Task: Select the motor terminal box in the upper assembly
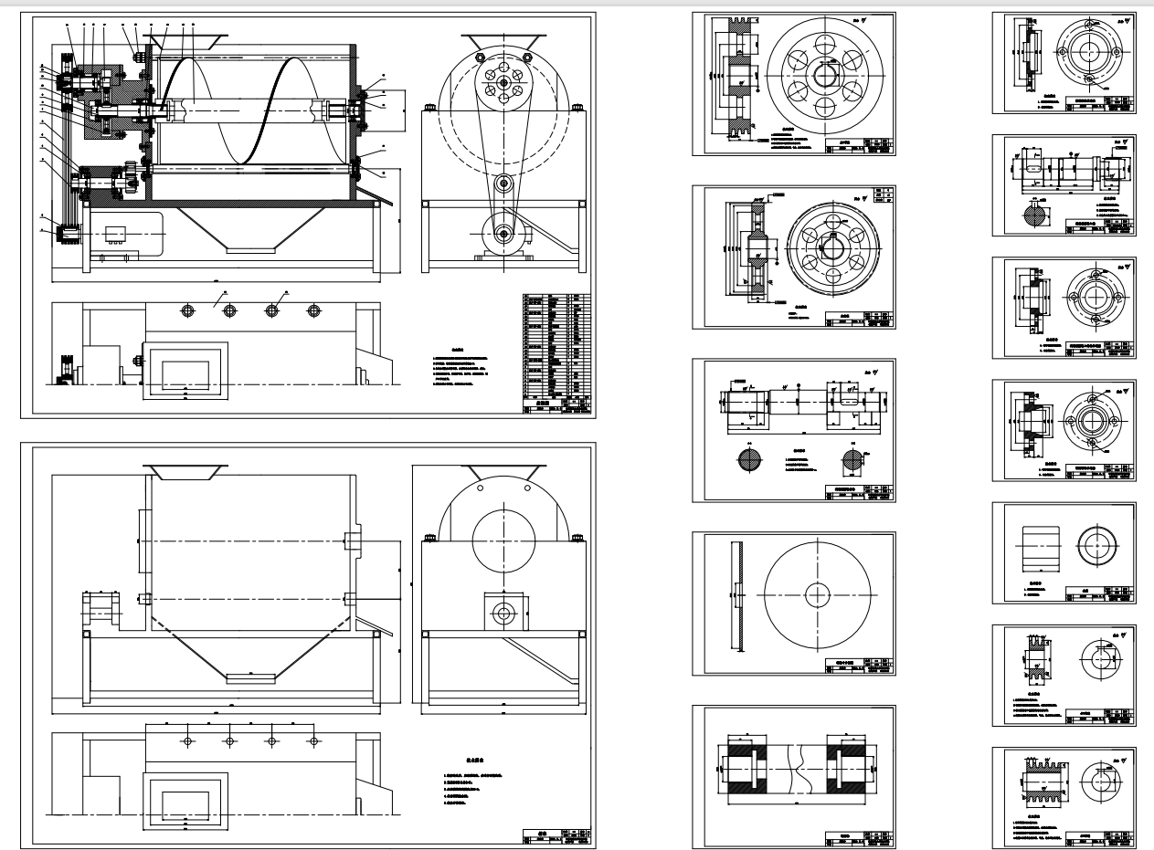116,232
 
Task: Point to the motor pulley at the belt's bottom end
503,235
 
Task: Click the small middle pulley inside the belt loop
503,184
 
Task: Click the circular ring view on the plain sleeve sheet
1095,545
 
